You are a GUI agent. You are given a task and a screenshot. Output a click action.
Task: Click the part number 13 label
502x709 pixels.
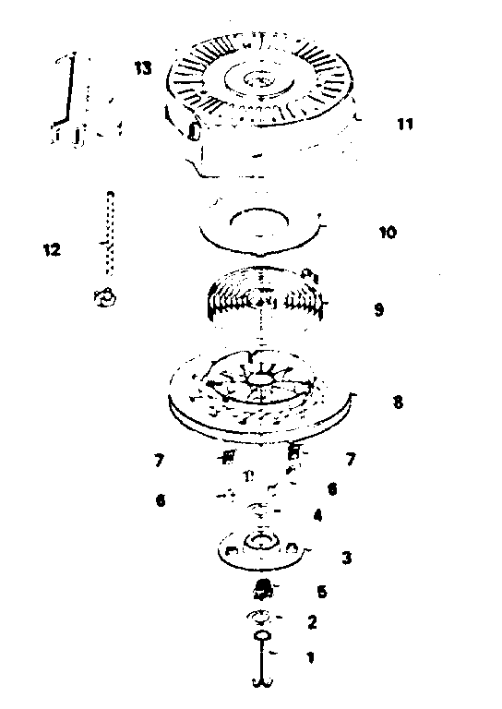click(x=143, y=68)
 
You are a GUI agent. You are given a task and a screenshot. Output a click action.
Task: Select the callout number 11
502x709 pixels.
click(x=405, y=124)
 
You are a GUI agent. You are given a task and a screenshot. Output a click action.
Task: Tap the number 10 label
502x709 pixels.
click(x=388, y=233)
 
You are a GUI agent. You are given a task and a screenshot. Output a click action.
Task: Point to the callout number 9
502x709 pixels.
click(x=378, y=310)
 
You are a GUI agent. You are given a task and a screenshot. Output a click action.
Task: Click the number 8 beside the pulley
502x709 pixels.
click(x=398, y=402)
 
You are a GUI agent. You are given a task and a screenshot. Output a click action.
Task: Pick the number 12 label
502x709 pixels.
click(x=52, y=249)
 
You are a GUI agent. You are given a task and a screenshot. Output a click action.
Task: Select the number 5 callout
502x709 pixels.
click(x=322, y=592)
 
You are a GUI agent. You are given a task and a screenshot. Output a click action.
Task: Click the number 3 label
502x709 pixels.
click(x=347, y=558)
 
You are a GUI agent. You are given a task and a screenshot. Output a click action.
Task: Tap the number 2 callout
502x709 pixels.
click(x=312, y=622)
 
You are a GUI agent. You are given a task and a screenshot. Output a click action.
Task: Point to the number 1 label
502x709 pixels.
click(x=310, y=657)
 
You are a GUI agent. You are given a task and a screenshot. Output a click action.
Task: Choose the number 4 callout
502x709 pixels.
click(x=317, y=515)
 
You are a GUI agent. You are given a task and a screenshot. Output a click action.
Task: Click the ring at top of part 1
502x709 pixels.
click(x=262, y=636)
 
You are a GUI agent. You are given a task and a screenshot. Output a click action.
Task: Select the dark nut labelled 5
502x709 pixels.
click(x=262, y=590)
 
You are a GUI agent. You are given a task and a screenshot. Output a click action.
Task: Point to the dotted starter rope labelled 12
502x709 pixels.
click(x=110, y=233)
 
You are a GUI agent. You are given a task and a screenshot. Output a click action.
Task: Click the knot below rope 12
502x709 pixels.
click(x=105, y=297)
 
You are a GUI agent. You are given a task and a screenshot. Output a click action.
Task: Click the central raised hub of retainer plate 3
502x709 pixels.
click(x=261, y=542)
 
